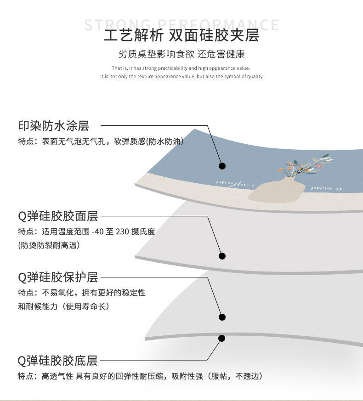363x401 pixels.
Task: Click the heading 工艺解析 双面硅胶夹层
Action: pos(181,35)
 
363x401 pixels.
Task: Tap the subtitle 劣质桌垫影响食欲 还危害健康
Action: pos(181,54)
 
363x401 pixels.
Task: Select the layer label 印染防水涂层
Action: pos(53,125)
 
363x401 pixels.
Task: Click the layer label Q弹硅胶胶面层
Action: pos(58,215)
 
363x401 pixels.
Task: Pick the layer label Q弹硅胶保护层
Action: pos(58,277)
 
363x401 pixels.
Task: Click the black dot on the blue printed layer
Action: pos(222,166)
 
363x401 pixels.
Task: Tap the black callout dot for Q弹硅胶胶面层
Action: pos(222,256)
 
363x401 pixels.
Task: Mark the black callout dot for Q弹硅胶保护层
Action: pos(222,317)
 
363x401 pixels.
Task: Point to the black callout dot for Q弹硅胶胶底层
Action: pos(222,339)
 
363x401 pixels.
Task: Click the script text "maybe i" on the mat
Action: pos(235,183)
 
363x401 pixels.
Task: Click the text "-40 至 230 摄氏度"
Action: pos(124,232)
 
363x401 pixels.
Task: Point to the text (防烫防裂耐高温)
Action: pos(49,245)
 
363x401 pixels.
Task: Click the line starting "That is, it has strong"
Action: pos(181,68)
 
